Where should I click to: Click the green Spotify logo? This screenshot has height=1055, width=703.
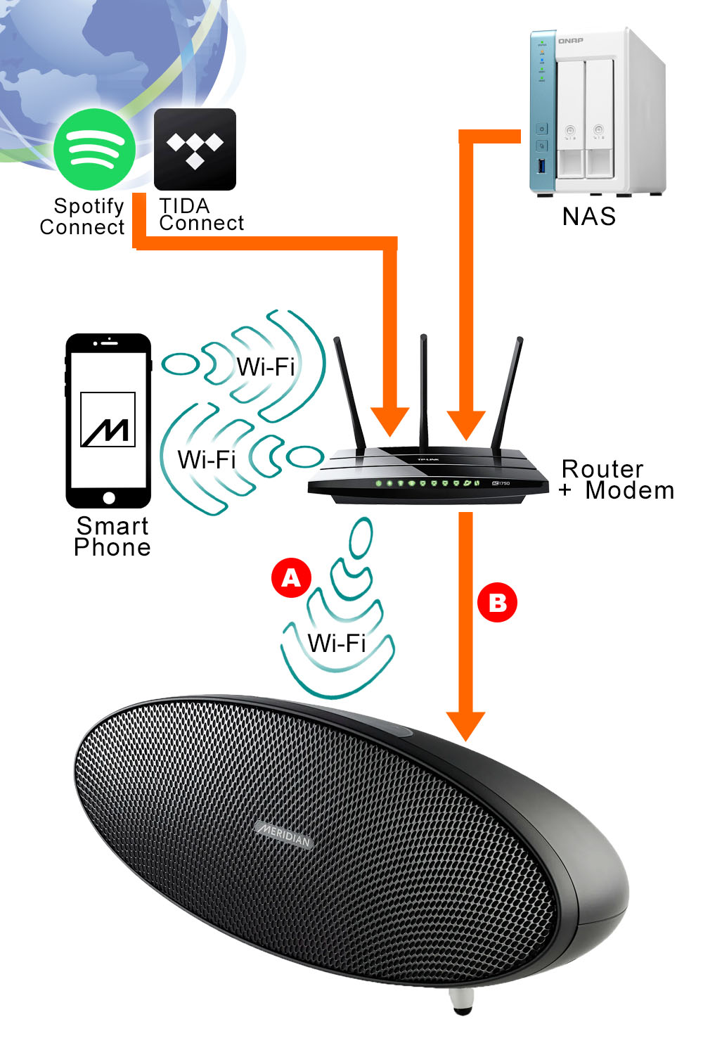coord(94,149)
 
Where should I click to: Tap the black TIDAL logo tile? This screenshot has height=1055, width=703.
coord(195,148)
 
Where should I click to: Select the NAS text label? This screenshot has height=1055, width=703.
coord(589,217)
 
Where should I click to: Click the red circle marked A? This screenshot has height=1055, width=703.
coord(291,578)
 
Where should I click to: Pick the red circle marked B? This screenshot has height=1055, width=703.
coord(497,603)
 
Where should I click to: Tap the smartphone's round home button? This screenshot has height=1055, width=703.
coord(108,498)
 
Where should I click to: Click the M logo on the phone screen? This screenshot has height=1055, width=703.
coord(108,421)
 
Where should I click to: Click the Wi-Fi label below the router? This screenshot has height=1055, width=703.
coord(337,643)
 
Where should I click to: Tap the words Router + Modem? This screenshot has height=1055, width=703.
coord(617,480)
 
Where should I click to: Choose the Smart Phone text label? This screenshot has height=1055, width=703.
coord(112,536)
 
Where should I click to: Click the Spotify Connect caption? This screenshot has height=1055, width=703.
coord(83,217)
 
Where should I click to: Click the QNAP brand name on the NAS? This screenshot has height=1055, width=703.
coord(570,41)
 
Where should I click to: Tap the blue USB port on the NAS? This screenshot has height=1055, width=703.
coord(541,167)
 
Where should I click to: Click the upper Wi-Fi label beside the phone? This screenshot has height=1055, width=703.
coord(265,366)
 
